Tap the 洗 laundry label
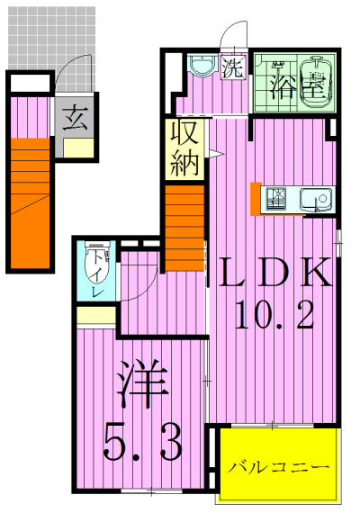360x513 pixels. (x=232, y=67)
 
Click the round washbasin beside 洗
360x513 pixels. (x=201, y=67)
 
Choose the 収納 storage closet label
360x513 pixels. (x=185, y=148)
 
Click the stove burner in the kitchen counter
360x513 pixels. (x=275, y=199)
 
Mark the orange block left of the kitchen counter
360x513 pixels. (x=256, y=198)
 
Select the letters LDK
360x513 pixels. (x=273, y=274)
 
